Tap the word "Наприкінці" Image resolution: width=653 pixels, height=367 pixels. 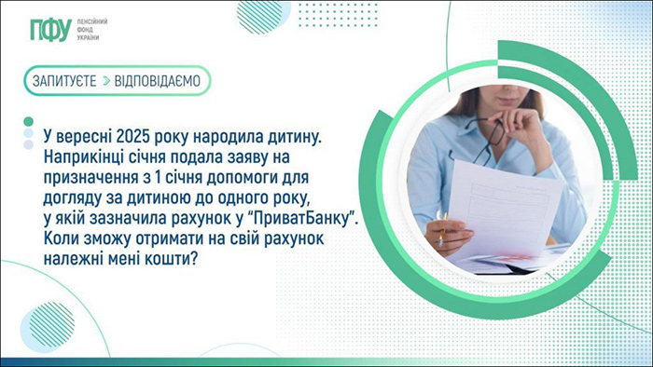pos(86,159)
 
